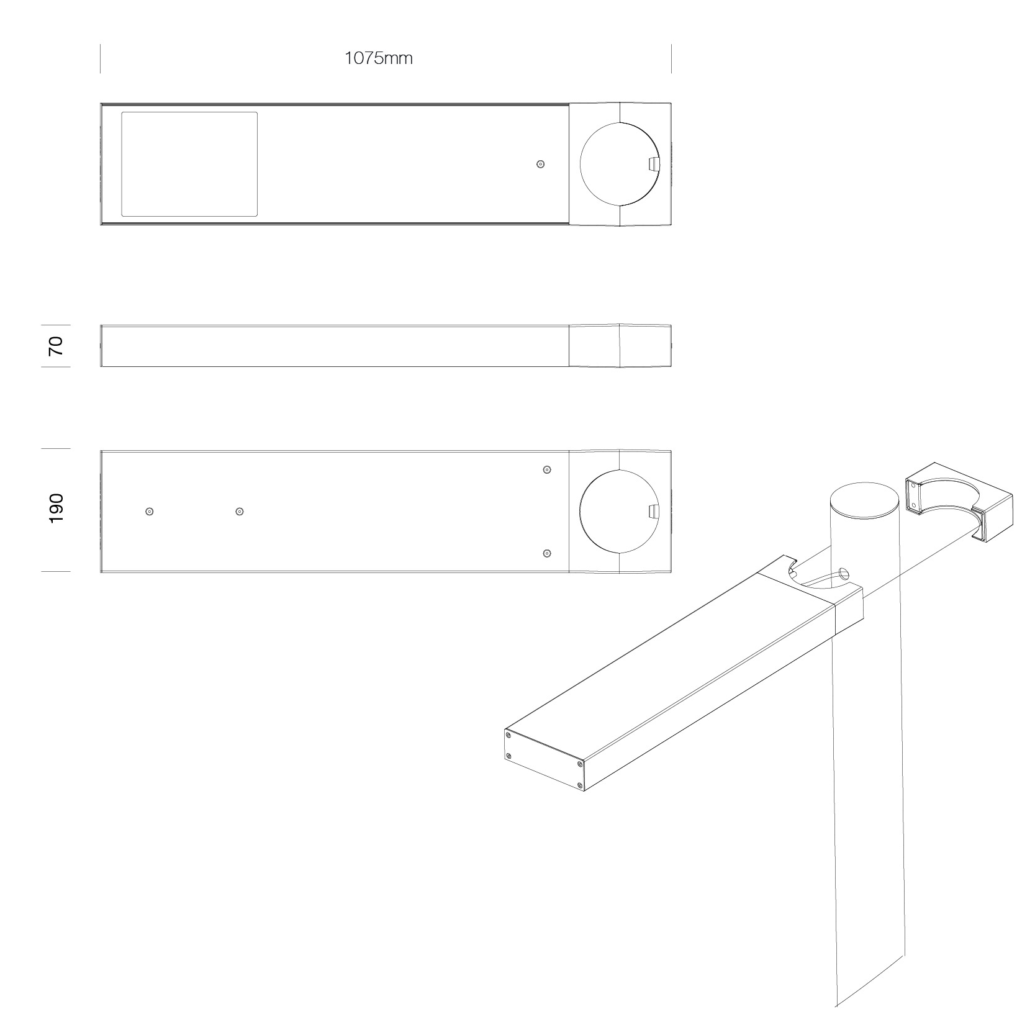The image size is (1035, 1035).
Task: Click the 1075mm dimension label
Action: [378, 58]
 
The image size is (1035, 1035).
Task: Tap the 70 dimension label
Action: [56, 345]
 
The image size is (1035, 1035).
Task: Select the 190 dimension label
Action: [56, 508]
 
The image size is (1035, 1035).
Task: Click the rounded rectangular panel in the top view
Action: [189, 164]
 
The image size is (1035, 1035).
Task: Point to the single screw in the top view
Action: [540, 165]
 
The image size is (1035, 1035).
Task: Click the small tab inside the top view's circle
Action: [653, 164]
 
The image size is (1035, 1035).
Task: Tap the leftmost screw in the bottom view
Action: [149, 512]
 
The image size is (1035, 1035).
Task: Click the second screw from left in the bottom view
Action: [240, 512]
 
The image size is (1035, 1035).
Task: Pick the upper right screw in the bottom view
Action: [547, 469]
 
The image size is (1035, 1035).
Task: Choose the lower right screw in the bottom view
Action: [547, 553]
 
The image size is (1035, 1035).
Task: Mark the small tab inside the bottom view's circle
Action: [653, 511]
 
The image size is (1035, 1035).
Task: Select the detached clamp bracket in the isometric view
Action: [959, 502]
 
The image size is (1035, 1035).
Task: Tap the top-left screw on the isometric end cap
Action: [509, 736]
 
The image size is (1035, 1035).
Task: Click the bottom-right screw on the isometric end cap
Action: [580, 786]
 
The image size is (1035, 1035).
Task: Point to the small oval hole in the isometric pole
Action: [843, 574]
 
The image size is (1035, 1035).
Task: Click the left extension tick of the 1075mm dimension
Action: [101, 59]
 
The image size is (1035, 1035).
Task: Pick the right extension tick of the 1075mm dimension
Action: [671, 59]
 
